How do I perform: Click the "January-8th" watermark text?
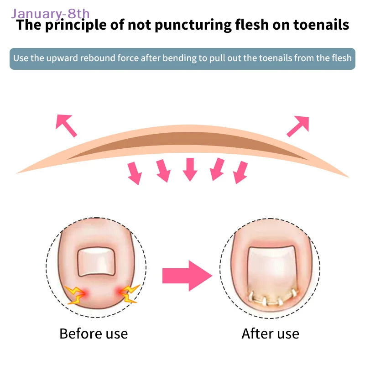pos(51,14)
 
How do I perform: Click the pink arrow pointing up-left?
pos(66,125)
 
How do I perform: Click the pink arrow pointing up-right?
pos(298,125)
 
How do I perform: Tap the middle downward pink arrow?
pos(189,169)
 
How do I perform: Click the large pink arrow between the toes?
pos(187,275)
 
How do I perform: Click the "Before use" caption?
pos(94,334)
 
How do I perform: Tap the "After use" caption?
pos(270,334)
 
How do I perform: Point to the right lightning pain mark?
pos(129,294)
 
